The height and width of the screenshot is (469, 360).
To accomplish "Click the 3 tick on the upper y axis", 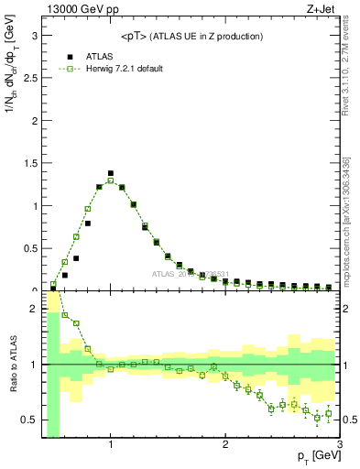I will (x=33, y=37).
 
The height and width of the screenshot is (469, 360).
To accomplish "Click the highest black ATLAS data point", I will (x=111, y=173).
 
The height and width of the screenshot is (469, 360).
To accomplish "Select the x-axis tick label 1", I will (x=111, y=444).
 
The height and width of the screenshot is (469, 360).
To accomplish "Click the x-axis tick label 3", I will (x=339, y=444).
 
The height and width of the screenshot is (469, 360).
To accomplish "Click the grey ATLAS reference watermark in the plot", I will (x=192, y=273).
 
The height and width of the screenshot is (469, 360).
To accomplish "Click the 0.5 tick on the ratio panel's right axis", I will (x=350, y=420).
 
